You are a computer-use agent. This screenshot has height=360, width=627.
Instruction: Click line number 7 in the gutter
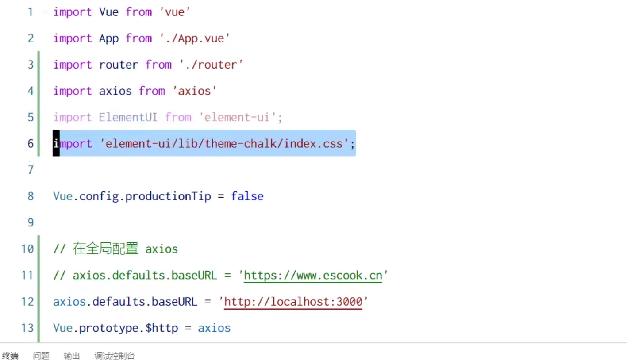(x=30, y=170)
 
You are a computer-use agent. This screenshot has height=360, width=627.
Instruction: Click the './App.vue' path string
(x=195, y=38)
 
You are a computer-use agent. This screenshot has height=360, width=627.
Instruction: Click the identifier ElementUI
(x=128, y=117)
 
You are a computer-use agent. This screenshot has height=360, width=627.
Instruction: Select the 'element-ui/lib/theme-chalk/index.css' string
(x=225, y=144)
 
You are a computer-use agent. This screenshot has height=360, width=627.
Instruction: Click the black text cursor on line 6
(x=56, y=144)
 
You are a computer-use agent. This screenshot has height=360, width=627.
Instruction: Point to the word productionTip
(x=168, y=196)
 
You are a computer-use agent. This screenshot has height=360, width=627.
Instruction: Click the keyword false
(x=247, y=196)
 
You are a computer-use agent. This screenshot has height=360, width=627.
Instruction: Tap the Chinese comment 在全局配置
(x=105, y=249)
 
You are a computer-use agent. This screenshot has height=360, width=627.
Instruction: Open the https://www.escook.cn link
(x=313, y=276)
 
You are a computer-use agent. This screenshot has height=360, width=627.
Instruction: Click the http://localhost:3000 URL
(x=293, y=302)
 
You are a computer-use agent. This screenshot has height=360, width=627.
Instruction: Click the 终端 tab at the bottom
(x=10, y=356)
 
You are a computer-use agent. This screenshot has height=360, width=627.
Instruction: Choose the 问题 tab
(x=41, y=356)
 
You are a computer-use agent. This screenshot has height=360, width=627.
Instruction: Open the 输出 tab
(x=72, y=356)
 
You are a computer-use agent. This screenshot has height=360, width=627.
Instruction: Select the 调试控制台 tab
(x=114, y=356)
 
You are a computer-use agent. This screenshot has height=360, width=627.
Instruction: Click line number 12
(x=27, y=302)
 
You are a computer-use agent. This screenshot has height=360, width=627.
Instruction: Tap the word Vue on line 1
(x=109, y=12)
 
